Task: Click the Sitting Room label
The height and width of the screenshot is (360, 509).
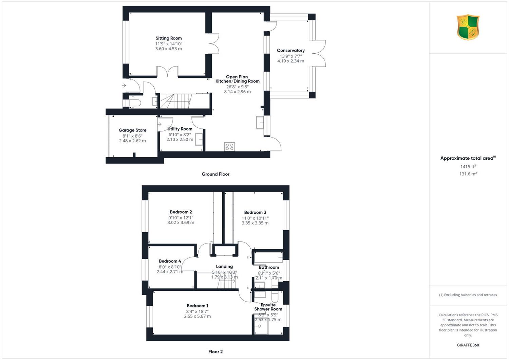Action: coord(169,38)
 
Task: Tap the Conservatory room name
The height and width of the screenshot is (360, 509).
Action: coord(290,51)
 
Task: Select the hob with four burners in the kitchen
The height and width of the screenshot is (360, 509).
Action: coord(229,147)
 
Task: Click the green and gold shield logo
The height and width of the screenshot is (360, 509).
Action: coord(468,27)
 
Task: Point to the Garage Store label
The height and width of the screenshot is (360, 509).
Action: coord(132,130)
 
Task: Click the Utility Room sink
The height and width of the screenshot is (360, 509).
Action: coord(199,139)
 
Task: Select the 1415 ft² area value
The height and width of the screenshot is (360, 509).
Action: coord(468,166)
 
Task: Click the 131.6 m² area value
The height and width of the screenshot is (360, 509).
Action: coord(468,174)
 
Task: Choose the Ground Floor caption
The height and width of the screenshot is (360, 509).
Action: coord(215,174)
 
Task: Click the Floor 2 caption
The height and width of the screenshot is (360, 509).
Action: coord(215,352)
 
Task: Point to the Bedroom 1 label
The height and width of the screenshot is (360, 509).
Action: coord(197,306)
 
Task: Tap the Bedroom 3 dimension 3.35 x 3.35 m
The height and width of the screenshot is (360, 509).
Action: coord(255,223)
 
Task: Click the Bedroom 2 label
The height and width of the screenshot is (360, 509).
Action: coord(181,212)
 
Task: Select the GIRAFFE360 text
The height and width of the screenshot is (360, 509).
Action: coord(468,345)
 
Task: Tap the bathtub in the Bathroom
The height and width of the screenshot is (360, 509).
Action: coord(268,257)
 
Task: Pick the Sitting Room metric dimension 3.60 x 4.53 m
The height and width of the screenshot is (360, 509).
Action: coord(169,49)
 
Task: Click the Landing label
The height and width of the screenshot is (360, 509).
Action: coord(224,267)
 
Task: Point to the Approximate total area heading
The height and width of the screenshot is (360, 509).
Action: coord(468,158)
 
